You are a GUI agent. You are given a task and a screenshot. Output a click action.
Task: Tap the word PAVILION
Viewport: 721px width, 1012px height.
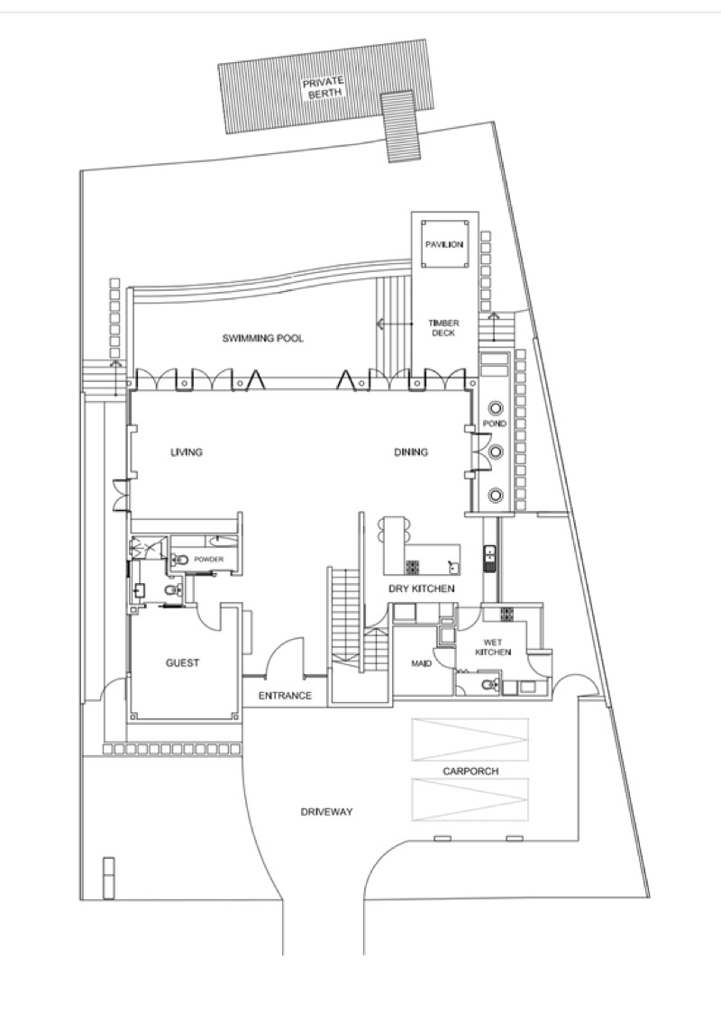point(444,244)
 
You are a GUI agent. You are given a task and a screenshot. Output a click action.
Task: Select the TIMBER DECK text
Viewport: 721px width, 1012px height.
point(443,328)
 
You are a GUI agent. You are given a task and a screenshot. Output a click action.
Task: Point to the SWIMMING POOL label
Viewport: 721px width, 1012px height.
point(262,338)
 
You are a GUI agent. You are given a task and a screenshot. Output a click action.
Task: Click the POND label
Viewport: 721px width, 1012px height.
point(495,424)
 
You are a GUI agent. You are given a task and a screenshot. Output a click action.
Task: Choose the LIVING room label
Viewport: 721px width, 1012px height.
point(187,451)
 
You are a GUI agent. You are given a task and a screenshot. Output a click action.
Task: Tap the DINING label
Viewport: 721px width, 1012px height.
point(411,451)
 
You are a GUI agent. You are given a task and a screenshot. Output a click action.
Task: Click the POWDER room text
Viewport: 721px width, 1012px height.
point(209,559)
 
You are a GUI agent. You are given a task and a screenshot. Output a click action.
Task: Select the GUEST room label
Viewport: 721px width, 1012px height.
point(183,663)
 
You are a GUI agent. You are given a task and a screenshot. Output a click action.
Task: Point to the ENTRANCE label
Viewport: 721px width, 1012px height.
point(285,695)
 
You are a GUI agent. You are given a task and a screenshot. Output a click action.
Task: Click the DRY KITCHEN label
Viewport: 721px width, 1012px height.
point(422,588)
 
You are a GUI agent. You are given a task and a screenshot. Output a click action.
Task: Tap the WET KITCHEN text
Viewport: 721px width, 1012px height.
point(493,647)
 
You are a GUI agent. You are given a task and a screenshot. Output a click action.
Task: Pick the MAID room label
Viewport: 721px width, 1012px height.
point(422,663)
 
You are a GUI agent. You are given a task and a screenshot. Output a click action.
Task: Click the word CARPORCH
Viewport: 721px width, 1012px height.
point(470,771)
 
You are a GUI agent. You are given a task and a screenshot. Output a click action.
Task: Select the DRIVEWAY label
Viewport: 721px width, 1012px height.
point(326,811)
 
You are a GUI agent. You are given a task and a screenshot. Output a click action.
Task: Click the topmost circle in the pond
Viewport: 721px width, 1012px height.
point(496,408)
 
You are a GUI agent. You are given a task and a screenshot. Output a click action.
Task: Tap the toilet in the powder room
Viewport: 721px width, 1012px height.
point(180,560)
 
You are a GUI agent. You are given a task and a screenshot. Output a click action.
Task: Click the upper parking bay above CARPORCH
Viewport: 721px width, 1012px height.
point(470,739)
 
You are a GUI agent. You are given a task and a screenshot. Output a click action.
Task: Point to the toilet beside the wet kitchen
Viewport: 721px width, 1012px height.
point(492,684)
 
